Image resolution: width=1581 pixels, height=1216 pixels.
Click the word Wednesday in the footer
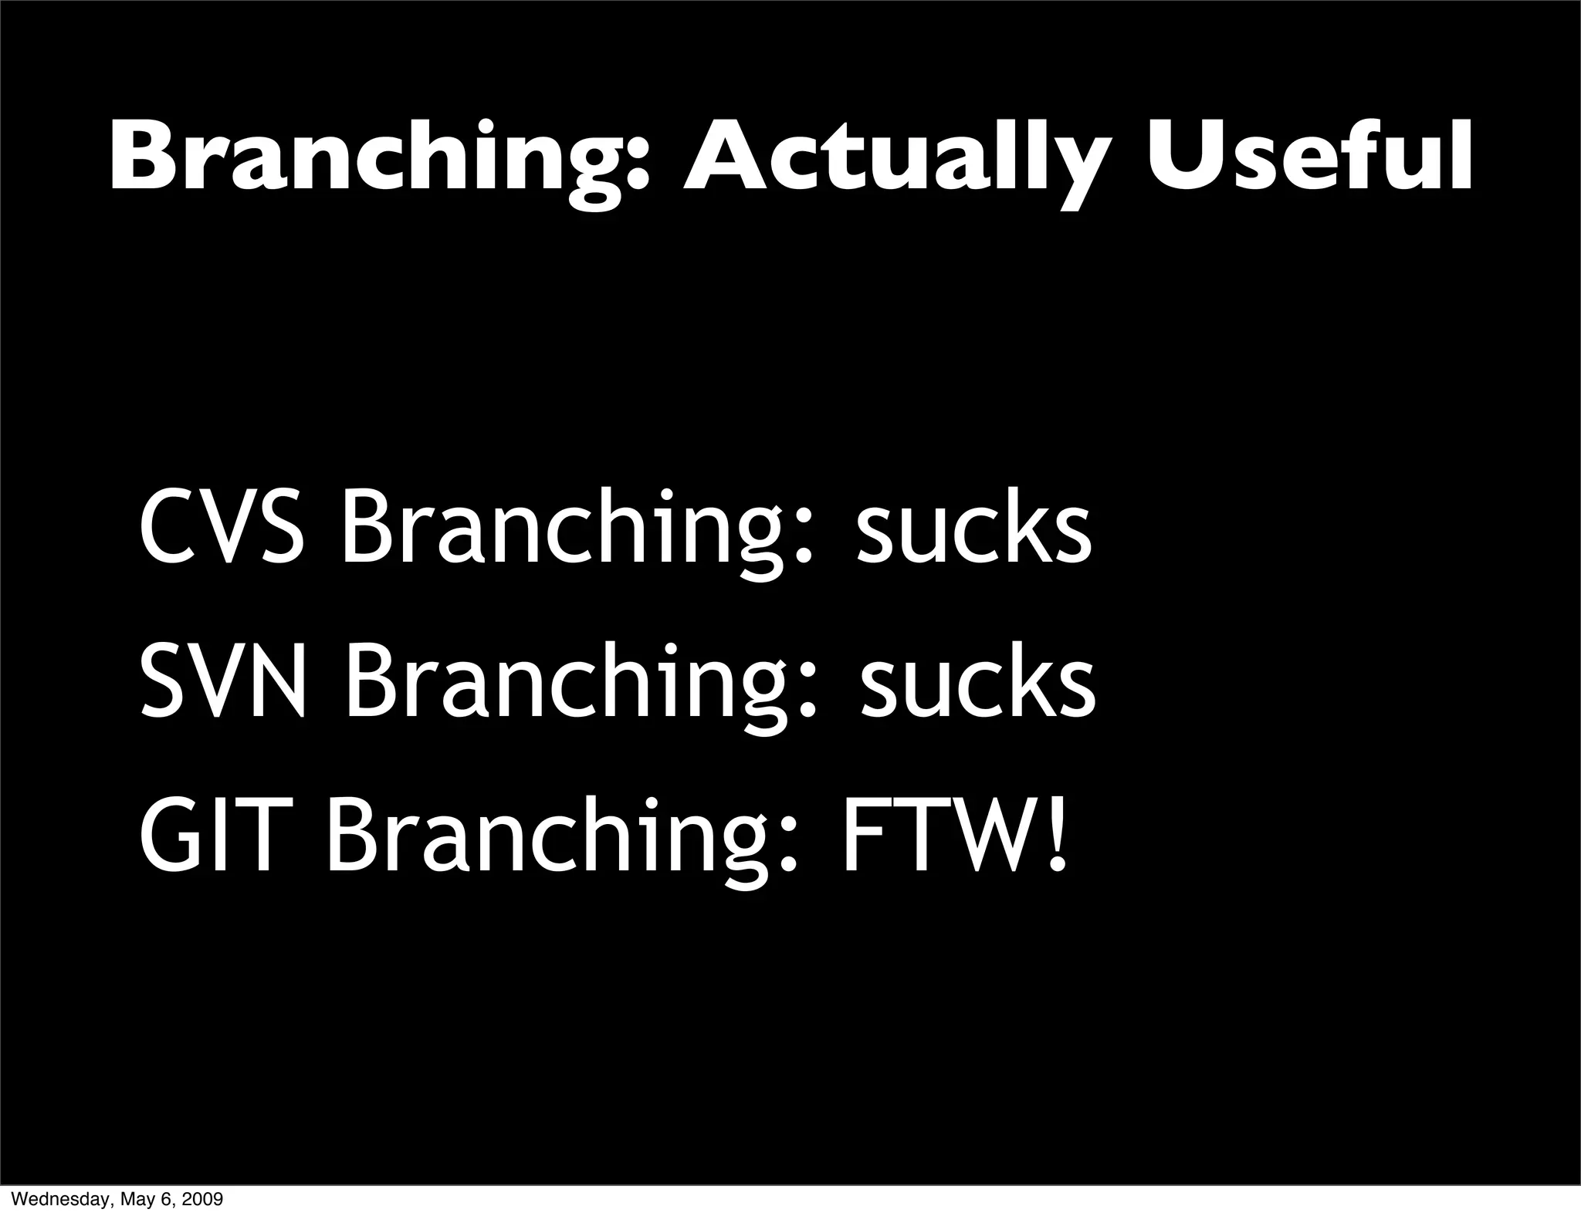click(53, 1200)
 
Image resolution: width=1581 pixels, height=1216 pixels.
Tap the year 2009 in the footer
click(205, 1200)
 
